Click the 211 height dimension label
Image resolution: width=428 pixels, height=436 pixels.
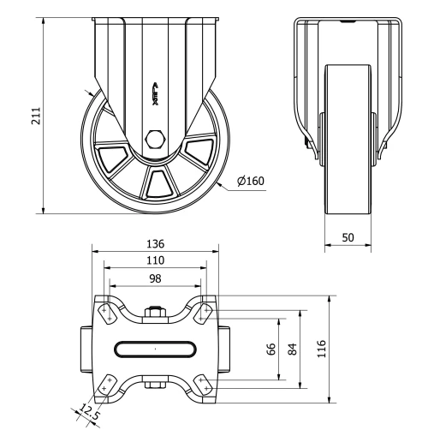click(x=35, y=116)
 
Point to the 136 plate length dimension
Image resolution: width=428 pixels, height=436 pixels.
click(x=155, y=243)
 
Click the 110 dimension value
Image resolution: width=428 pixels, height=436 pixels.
click(x=155, y=260)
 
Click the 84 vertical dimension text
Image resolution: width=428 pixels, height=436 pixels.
click(x=292, y=349)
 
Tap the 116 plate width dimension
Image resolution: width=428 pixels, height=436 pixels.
click(x=322, y=349)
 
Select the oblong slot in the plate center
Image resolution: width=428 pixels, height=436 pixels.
click(x=155, y=349)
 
